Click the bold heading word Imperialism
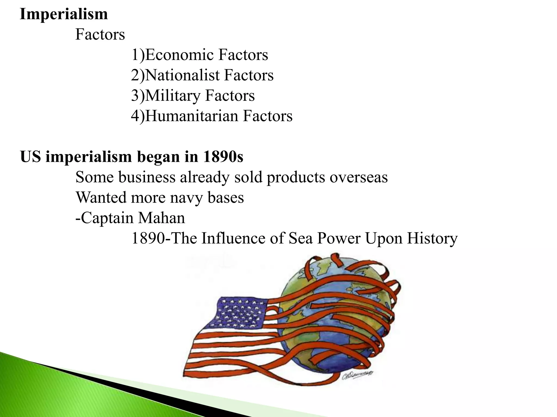coord(64,14)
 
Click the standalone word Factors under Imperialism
coord(100,34)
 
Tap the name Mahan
coord(161,218)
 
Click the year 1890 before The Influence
coord(148,238)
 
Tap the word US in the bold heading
coord(30,157)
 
